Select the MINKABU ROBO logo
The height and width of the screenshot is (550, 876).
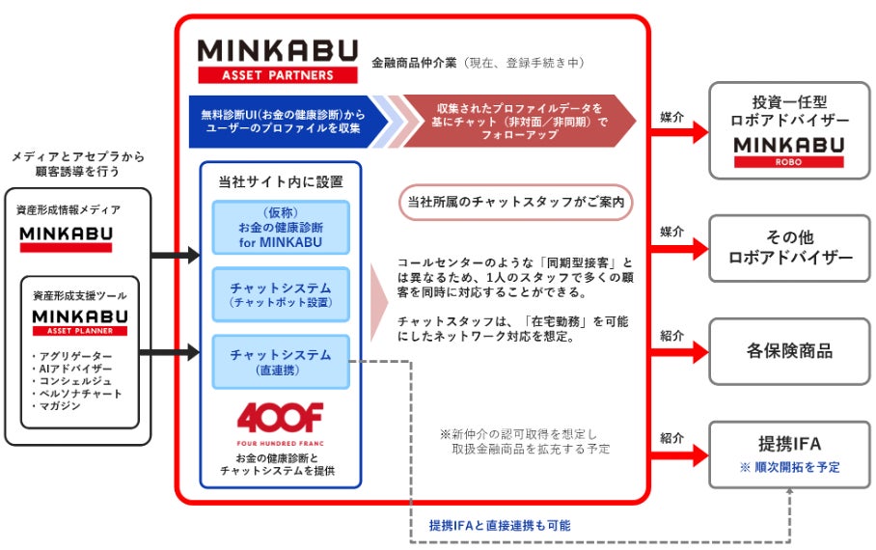tap(789, 151)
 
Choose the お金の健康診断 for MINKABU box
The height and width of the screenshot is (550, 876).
tap(280, 227)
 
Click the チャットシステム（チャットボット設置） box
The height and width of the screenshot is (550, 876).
tap(280, 293)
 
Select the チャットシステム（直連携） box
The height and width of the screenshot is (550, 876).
tap(280, 361)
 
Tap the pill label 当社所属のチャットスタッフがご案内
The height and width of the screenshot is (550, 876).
tap(515, 203)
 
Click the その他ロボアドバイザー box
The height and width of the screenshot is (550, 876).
tap(789, 247)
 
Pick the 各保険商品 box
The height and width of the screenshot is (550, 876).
tap(789, 351)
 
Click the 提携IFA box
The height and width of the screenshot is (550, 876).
tap(789, 454)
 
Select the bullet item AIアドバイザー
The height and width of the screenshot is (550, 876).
tap(73, 369)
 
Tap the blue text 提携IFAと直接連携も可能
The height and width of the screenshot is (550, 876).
tap(500, 526)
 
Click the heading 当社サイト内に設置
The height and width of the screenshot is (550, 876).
tap(281, 180)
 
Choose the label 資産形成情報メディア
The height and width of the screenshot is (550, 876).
tap(68, 208)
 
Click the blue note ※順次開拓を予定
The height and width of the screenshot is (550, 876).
tap(789, 466)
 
